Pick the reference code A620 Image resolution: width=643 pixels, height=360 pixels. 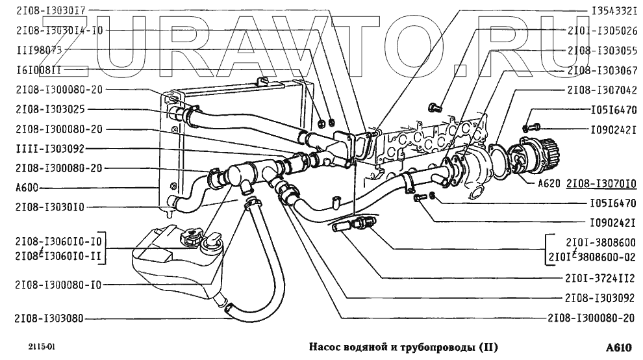(549, 183)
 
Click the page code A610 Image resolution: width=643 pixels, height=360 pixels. (621, 346)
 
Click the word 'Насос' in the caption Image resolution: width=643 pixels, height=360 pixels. (323, 346)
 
